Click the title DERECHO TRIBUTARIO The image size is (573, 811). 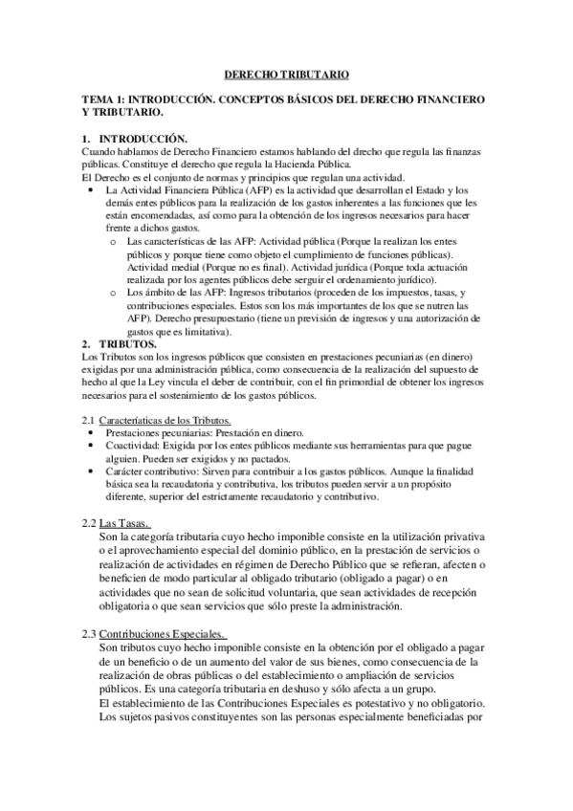[286, 73]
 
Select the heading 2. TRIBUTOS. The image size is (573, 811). [120, 342]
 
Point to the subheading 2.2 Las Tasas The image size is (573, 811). [116, 522]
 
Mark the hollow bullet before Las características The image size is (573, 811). [115, 241]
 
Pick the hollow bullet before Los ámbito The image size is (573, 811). [115, 292]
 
